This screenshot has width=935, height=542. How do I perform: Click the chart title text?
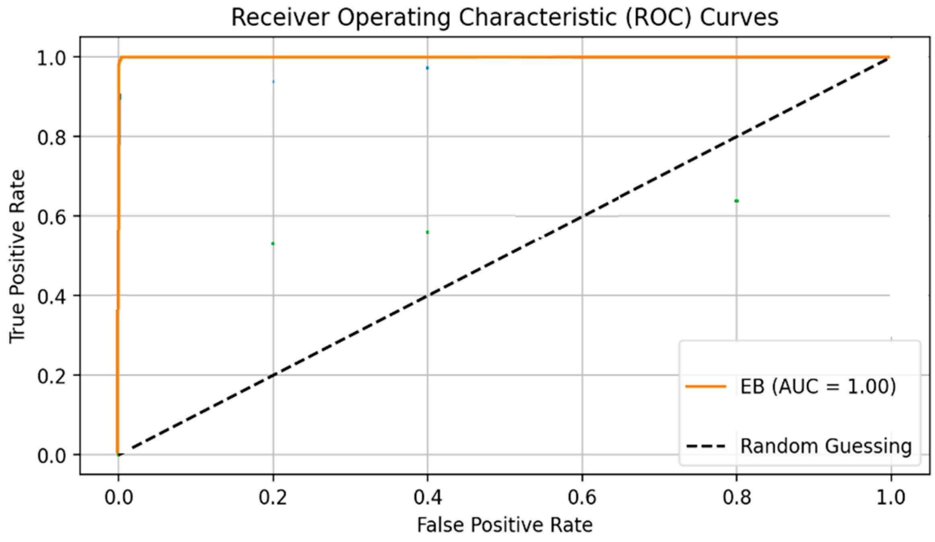[x=505, y=18]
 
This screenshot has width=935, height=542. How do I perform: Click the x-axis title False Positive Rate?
[x=505, y=525]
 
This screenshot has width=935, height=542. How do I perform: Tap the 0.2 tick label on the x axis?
[x=273, y=497]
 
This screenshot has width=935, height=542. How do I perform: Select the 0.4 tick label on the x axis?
[x=428, y=497]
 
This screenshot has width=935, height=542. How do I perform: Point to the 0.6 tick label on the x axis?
[x=582, y=497]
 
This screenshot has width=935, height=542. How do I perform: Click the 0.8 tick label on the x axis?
[x=737, y=497]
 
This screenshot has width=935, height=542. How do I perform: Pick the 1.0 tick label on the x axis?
[x=891, y=497]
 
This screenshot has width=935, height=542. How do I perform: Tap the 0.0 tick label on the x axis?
[x=118, y=497]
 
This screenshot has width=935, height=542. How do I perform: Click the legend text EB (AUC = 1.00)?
[x=818, y=386]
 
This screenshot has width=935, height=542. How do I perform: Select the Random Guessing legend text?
[x=826, y=446]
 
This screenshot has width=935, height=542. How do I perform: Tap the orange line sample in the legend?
[x=706, y=386]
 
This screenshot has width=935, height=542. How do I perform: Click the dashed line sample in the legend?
[x=706, y=446]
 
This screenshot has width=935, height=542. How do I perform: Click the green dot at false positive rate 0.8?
[x=736, y=201]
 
